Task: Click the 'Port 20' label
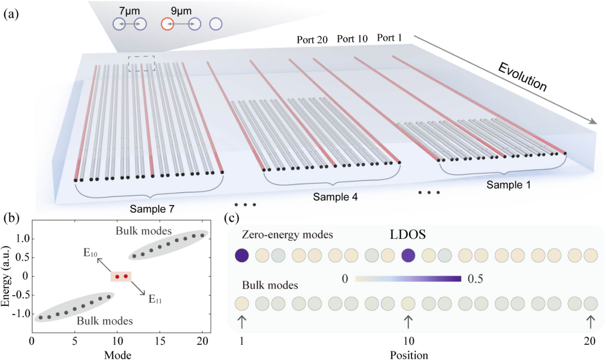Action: [x=312, y=40]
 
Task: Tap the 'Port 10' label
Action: [x=352, y=39]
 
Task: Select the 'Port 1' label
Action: [x=389, y=38]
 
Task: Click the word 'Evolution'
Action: [x=522, y=77]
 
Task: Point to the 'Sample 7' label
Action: [x=152, y=209]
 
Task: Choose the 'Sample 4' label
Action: [x=335, y=197]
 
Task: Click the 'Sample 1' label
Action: [x=508, y=185]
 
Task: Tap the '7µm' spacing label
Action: [x=130, y=11]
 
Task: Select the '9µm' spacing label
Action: [x=181, y=11]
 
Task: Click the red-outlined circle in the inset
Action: [x=167, y=24]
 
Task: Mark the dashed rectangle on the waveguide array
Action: [x=141, y=63]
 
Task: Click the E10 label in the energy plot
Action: [x=90, y=253]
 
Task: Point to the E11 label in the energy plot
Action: [x=155, y=299]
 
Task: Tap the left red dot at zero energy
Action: [x=117, y=277]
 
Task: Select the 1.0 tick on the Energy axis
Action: [x=23, y=238]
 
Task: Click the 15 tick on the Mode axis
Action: [x=160, y=341]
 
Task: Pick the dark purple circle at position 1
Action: [x=242, y=255]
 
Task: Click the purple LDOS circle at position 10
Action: [x=408, y=255]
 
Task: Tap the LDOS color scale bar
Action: [x=408, y=279]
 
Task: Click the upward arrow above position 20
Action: [x=590, y=322]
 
